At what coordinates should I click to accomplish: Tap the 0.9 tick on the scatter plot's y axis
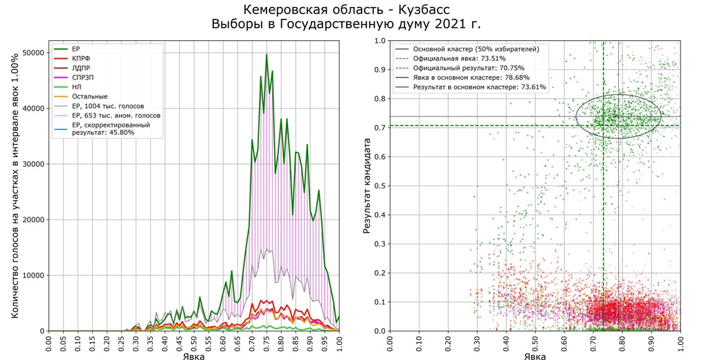pos(379,70)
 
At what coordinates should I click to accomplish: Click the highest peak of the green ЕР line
pos(267,55)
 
